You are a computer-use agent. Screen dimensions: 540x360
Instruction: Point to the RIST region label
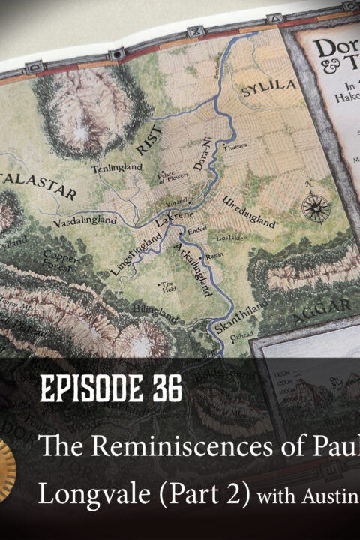(159, 137)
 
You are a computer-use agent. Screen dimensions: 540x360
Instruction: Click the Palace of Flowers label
(169, 176)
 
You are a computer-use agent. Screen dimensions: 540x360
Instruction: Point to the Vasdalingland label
(85, 221)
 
